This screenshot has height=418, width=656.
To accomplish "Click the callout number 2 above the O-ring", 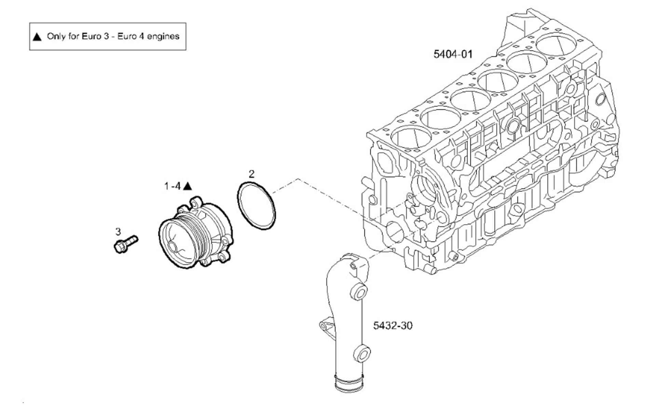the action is coord(251,174).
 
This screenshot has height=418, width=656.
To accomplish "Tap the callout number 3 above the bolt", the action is coord(118,232).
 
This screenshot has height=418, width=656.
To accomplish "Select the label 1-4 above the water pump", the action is coord(172,186).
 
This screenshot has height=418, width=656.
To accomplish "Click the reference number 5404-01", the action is coord(453,54).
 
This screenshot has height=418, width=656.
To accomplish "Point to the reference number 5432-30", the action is coord(393,325).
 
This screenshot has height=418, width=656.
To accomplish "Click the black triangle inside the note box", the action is coord(37,37).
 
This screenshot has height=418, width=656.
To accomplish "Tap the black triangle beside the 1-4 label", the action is coord(188,186).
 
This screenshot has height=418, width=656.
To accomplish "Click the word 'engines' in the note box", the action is coord(163,37).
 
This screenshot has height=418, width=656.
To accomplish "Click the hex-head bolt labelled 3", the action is coord(125,244).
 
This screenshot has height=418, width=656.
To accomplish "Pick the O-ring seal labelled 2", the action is coord(256,206).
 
